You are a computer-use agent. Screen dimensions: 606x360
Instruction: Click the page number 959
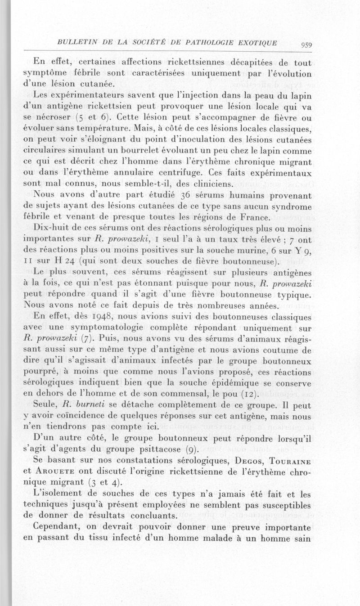(307, 44)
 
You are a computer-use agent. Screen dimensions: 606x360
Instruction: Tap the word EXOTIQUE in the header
(254, 42)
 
